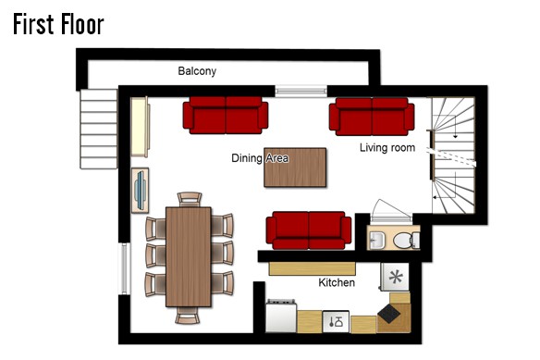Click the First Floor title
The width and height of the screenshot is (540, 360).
(58, 24)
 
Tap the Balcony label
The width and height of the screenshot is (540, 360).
(197, 71)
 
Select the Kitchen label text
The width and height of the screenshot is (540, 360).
(337, 282)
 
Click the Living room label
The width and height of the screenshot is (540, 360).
(387, 147)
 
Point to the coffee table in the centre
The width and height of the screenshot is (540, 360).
(295, 168)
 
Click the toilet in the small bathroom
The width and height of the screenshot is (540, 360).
(406, 241)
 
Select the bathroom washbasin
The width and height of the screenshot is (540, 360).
(376, 240)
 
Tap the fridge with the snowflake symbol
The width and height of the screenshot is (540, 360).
(395, 278)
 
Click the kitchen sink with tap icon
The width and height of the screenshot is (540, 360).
(336, 322)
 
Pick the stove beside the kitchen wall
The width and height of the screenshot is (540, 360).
(281, 317)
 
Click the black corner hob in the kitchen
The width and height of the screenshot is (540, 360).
(389, 314)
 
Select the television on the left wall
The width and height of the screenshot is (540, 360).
(141, 190)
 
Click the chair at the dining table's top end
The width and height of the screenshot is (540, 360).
(190, 199)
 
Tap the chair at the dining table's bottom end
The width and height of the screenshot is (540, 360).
(188, 316)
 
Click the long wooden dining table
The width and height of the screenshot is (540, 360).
(189, 257)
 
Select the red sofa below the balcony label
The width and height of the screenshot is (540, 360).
(226, 115)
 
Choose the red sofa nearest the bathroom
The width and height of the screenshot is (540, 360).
(309, 230)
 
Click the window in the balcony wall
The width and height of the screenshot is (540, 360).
(301, 91)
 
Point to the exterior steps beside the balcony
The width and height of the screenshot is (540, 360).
(99, 129)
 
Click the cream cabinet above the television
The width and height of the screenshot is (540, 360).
(141, 127)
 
